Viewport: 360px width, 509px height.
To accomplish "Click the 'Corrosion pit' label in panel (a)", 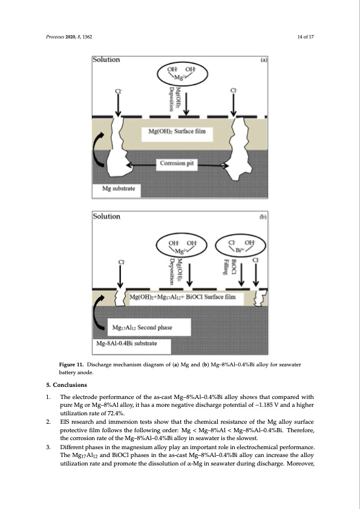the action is [x=177, y=163].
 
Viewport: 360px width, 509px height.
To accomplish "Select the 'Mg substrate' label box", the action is [x=117, y=190].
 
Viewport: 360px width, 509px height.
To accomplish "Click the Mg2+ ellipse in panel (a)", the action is [x=182, y=74].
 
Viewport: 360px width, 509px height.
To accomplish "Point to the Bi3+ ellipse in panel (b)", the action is [x=241, y=246].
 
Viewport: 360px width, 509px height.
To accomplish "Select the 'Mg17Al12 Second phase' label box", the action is [x=149, y=327].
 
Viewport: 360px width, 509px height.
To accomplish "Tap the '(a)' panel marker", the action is [x=264, y=60].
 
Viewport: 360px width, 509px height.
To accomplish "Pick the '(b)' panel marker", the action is [x=263, y=216].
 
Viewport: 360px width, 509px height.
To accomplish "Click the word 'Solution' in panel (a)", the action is [x=106, y=59].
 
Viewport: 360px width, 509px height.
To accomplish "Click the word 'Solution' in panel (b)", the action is [x=106, y=216].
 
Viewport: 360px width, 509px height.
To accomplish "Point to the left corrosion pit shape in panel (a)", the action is [x=117, y=146].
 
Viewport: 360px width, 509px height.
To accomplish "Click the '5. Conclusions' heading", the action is [x=67, y=385].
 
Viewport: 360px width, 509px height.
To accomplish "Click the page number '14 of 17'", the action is [x=306, y=37].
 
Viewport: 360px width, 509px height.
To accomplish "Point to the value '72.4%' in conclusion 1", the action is [x=117, y=413].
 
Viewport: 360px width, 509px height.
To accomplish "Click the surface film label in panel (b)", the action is [x=183, y=297].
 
